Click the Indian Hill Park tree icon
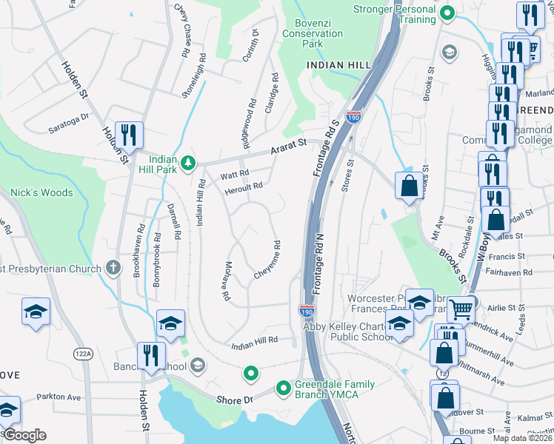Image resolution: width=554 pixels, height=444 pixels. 189,162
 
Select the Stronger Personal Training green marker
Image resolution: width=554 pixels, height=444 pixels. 447,13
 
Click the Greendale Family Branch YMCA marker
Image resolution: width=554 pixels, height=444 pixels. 282,388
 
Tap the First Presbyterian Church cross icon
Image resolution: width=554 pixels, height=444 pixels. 112,266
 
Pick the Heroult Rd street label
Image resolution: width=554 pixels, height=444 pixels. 244,186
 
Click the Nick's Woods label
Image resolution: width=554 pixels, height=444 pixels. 41,192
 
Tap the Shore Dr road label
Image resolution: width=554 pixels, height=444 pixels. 235,400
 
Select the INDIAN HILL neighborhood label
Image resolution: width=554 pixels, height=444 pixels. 338,65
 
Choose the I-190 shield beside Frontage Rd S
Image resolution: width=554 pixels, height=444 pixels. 353,118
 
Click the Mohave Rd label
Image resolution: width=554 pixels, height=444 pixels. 227,280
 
